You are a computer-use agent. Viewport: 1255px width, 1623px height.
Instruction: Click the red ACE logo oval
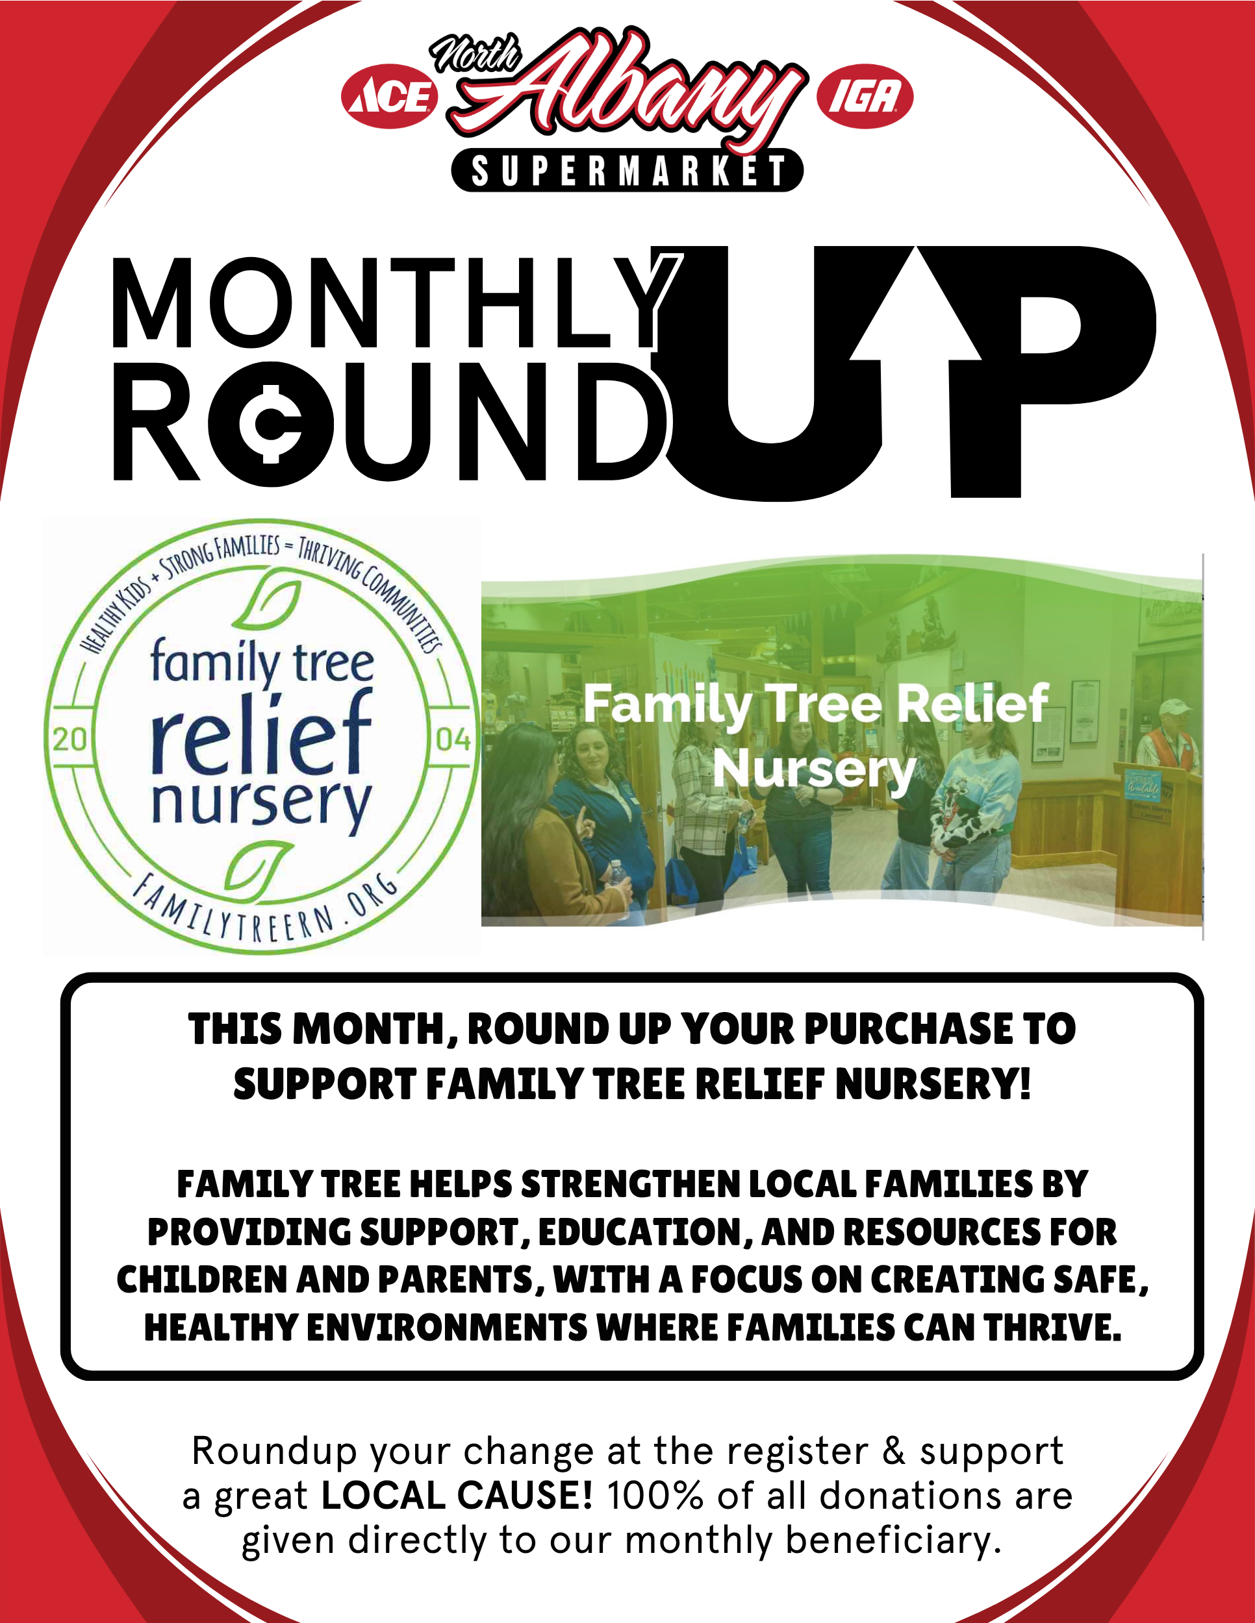click(x=390, y=97)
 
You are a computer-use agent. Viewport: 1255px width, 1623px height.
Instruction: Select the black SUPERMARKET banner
click(x=627, y=170)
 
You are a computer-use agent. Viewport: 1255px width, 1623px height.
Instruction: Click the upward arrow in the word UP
click(x=915, y=327)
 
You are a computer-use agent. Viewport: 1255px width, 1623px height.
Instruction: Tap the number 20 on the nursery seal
click(x=70, y=739)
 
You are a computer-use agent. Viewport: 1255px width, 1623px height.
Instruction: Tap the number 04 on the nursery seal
click(x=453, y=739)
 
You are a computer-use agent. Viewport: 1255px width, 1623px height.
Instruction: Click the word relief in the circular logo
click(x=261, y=733)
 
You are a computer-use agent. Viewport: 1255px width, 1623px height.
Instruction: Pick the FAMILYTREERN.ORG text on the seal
click(x=264, y=908)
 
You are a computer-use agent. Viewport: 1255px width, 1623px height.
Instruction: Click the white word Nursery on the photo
click(x=815, y=770)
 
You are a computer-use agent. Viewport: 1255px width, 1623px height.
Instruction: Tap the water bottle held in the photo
click(x=616, y=878)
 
